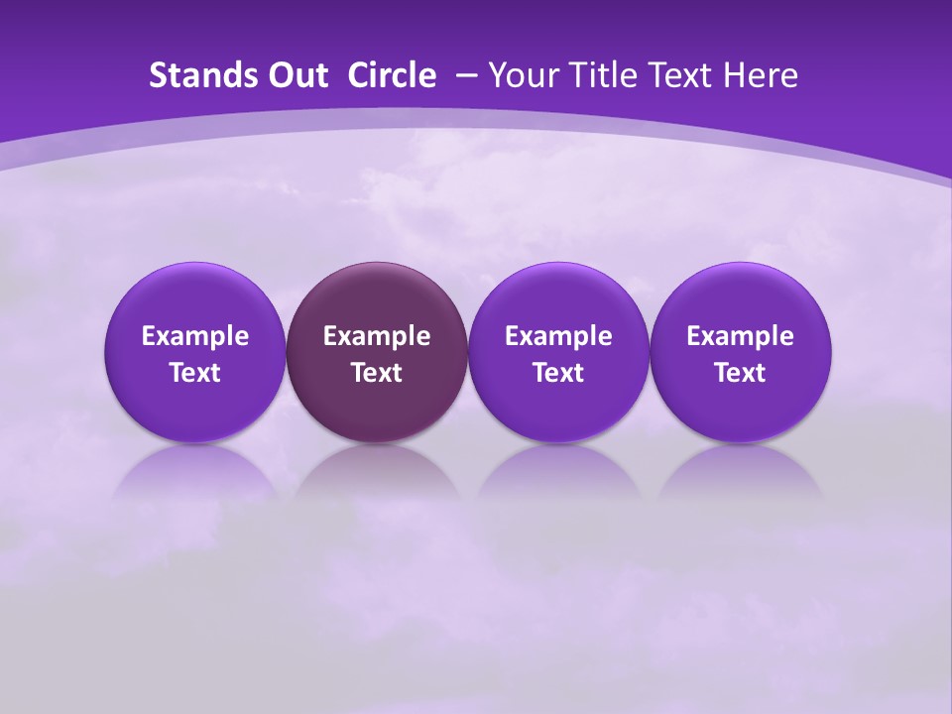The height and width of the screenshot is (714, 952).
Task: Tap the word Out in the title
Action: click(296, 75)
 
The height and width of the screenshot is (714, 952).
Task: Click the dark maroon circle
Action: click(377, 352)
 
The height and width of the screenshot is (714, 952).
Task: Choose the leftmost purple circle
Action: click(195, 352)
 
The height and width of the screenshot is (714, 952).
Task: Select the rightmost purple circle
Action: click(740, 352)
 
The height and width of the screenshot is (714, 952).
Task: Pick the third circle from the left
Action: click(558, 352)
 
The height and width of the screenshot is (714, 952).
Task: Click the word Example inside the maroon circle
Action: click(377, 336)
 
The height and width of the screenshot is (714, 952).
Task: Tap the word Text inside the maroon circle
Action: click(377, 373)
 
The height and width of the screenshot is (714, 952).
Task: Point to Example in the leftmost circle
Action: click(195, 336)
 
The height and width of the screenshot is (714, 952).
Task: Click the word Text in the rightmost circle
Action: click(740, 373)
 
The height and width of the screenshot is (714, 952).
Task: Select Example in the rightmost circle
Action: click(740, 336)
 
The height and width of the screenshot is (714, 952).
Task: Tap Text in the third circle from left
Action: click(558, 373)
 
